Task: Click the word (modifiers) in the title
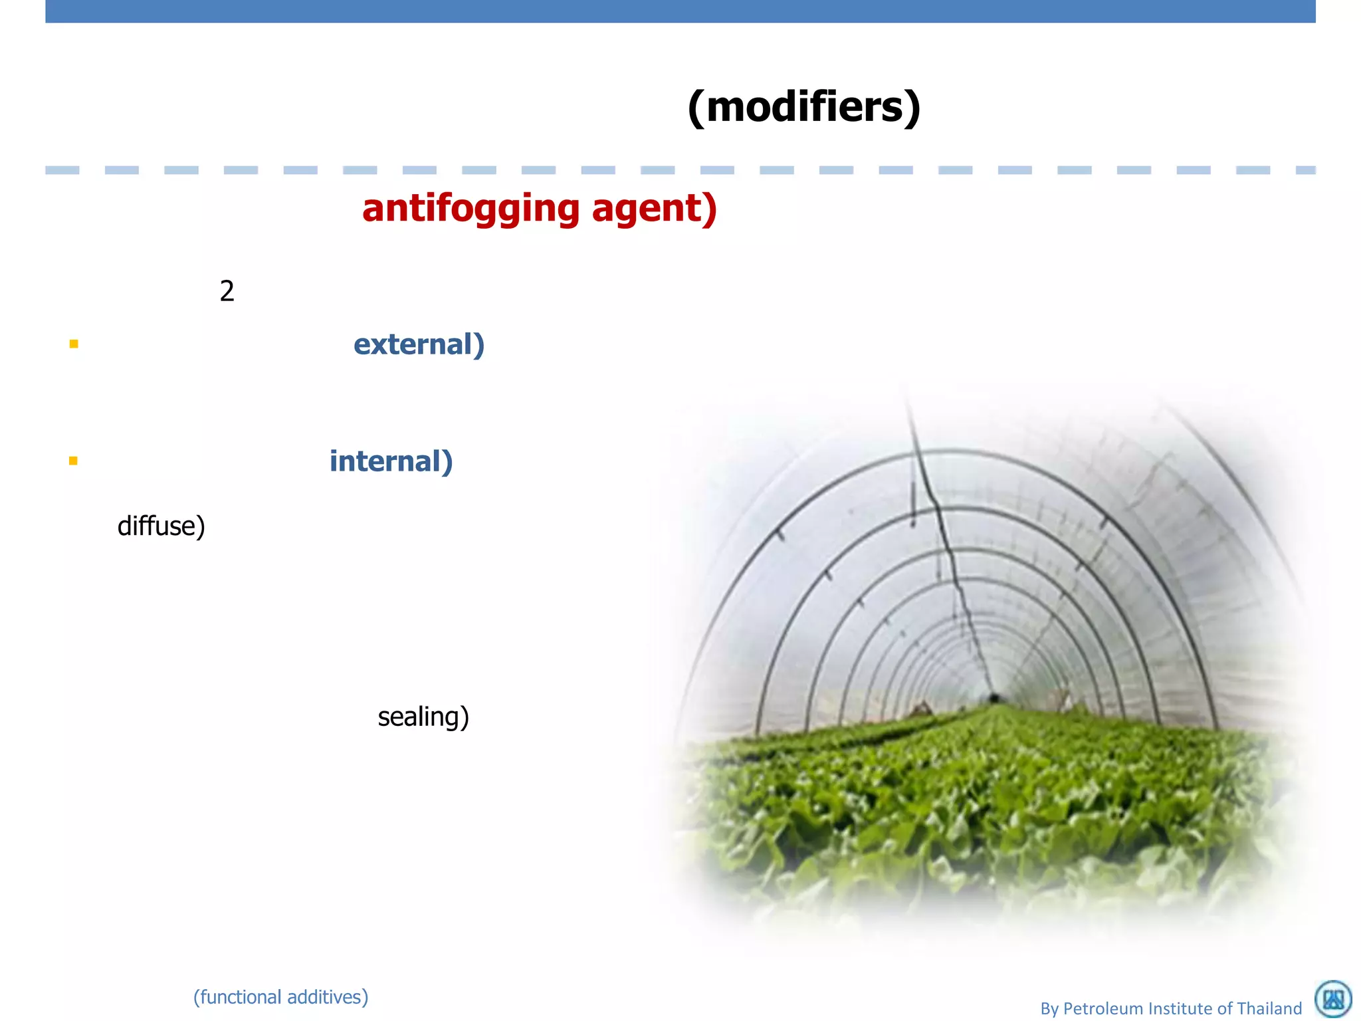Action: (x=804, y=108)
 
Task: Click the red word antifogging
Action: (x=471, y=209)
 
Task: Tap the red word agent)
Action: (x=654, y=209)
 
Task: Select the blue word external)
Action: (x=419, y=344)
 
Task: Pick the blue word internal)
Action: (x=391, y=461)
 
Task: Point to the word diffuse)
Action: (x=161, y=526)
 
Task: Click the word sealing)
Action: (x=423, y=717)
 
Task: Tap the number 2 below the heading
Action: (x=227, y=291)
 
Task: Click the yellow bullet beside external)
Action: (x=74, y=344)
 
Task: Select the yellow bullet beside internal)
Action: (x=73, y=461)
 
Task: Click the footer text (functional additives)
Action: (x=280, y=997)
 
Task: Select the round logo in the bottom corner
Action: (x=1333, y=999)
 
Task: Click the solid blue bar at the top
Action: (x=680, y=11)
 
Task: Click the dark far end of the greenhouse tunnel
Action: (x=994, y=698)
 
